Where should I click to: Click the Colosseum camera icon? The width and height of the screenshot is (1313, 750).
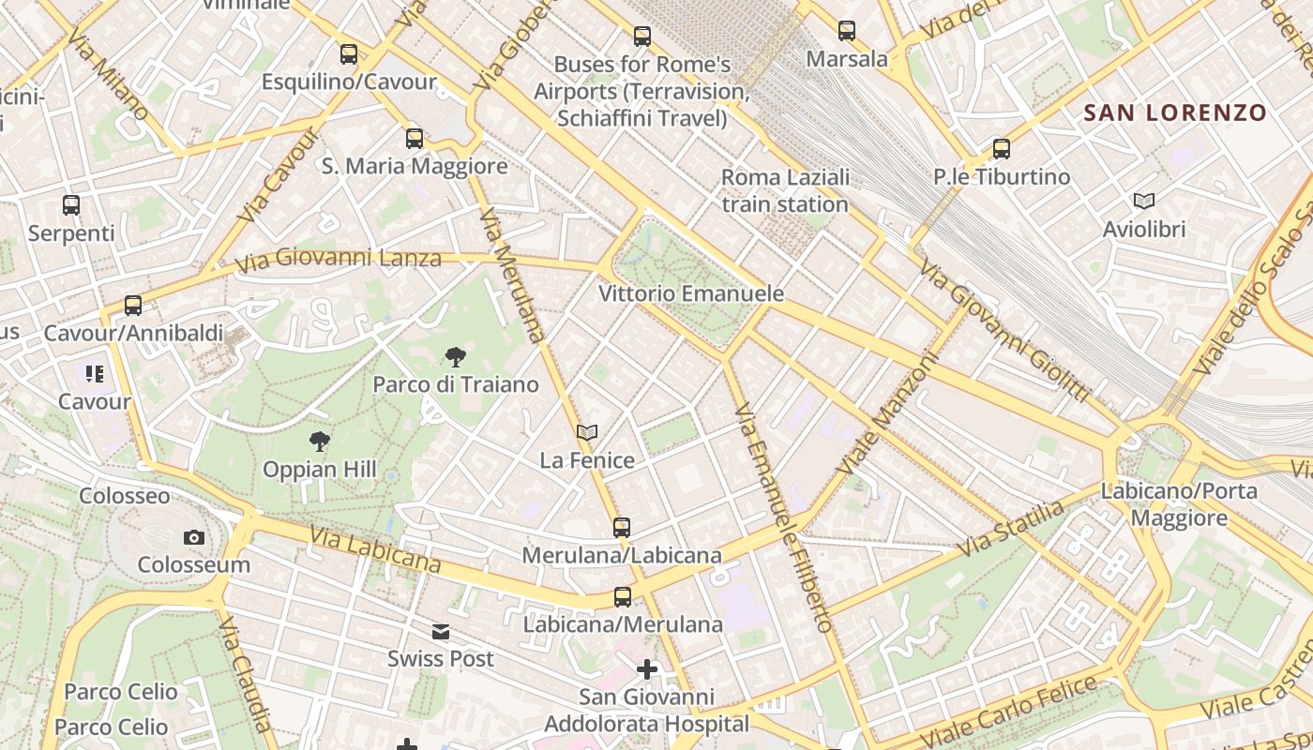(194, 537)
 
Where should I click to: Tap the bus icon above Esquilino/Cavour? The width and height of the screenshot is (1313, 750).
(349, 54)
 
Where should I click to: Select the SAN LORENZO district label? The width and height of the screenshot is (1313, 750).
(1174, 113)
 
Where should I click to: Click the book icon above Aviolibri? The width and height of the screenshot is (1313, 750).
(1143, 201)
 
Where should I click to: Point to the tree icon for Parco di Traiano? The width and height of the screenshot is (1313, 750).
(456, 356)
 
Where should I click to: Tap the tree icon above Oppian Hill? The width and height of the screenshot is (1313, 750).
(320, 442)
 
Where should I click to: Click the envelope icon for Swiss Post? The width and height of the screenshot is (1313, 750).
(441, 632)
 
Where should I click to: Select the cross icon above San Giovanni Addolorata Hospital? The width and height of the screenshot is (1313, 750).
(647, 669)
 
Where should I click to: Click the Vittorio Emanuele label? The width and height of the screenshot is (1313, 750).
(691, 293)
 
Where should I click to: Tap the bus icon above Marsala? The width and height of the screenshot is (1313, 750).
(847, 31)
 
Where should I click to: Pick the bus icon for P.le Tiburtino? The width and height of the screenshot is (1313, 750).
(1002, 149)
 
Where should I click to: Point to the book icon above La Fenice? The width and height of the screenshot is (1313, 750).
(587, 432)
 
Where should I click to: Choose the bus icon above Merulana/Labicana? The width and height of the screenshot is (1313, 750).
(622, 528)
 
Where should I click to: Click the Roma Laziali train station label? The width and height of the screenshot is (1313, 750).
(786, 190)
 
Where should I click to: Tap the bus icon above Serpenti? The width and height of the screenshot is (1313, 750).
(71, 205)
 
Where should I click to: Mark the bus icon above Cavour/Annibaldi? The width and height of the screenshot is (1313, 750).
(133, 306)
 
